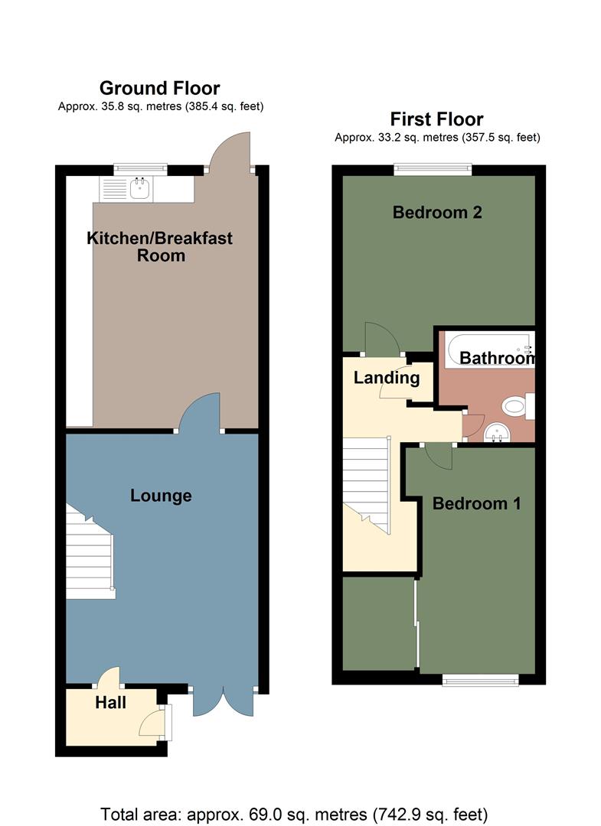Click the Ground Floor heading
click(159, 89)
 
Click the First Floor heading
click(436, 119)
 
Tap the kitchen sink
click(139, 188)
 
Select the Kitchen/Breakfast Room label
click(159, 247)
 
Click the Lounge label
click(161, 496)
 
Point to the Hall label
click(111, 701)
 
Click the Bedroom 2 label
click(437, 212)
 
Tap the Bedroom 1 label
click(476, 503)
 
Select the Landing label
click(386, 377)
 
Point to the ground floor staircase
click(90, 554)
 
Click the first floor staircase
click(366, 482)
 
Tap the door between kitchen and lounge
click(200, 413)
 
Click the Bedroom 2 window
click(433, 170)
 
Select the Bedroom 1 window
click(480, 679)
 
